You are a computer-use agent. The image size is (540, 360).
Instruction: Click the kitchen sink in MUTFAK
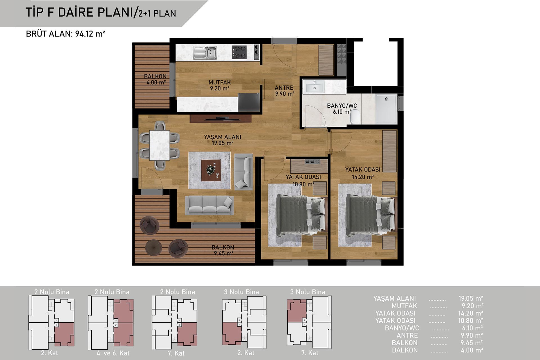point(205,53)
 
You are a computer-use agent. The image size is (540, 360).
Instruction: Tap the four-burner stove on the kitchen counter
point(239,52)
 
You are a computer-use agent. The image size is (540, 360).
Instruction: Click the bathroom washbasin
point(314,87)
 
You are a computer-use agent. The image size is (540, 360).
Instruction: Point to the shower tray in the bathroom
point(386,109)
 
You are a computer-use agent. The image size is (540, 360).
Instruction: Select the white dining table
point(159,145)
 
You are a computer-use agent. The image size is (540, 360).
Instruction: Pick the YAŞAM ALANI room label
point(222,137)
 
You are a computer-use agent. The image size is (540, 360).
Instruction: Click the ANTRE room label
point(284,88)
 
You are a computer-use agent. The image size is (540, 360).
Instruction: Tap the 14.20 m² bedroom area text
point(363,177)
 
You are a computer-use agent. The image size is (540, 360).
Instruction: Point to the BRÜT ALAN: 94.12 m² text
point(66,34)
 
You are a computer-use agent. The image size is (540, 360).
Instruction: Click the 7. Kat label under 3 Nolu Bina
point(310,353)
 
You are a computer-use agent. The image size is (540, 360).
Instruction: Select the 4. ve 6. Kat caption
point(113,353)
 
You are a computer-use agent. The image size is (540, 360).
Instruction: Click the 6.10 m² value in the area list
point(472,328)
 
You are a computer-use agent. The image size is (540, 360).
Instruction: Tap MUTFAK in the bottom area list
point(404,306)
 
